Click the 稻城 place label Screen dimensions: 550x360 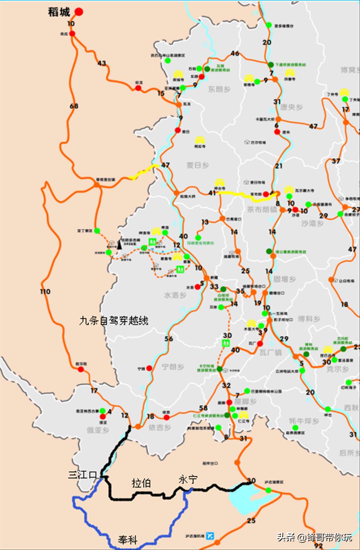59,12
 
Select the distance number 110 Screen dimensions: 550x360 45,291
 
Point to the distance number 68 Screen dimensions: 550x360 74,106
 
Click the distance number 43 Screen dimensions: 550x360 102,63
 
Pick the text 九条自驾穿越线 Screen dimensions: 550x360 114,320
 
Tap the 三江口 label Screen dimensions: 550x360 82,475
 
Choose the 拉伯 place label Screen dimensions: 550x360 141,483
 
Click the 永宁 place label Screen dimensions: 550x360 188,479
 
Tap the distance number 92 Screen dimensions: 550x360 318,546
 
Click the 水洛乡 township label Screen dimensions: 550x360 175,295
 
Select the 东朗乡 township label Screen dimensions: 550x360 219,89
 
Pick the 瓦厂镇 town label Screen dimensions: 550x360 270,352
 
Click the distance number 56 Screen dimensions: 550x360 169,339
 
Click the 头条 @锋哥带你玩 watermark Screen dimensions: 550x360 314,537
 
